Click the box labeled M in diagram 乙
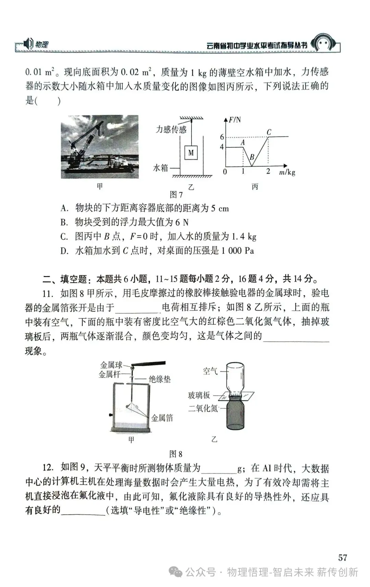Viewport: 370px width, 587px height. (x=191, y=153)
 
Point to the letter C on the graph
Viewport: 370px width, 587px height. (x=269, y=132)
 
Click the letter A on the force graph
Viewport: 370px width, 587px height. (x=243, y=142)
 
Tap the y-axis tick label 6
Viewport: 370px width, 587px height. (x=222, y=137)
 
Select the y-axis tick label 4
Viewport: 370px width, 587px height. (x=222, y=147)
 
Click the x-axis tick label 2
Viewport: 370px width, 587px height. (x=268, y=171)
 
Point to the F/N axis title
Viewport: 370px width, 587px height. (x=235, y=120)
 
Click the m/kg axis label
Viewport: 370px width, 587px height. (x=287, y=172)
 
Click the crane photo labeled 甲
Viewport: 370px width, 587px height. (x=100, y=146)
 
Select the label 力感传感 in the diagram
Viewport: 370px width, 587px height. (x=171, y=129)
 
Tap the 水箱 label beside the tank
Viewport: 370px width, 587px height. (x=160, y=168)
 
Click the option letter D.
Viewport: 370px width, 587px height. (x=64, y=251)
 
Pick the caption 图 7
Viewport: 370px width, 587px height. (x=176, y=195)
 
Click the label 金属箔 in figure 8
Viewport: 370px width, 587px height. (x=162, y=418)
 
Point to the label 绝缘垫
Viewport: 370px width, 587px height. (x=159, y=379)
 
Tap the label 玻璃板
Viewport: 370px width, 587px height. (x=199, y=395)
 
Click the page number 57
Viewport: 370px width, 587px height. (x=343, y=558)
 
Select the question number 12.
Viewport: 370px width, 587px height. (x=48, y=467)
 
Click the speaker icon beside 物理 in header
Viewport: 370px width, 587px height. (x=29, y=44)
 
